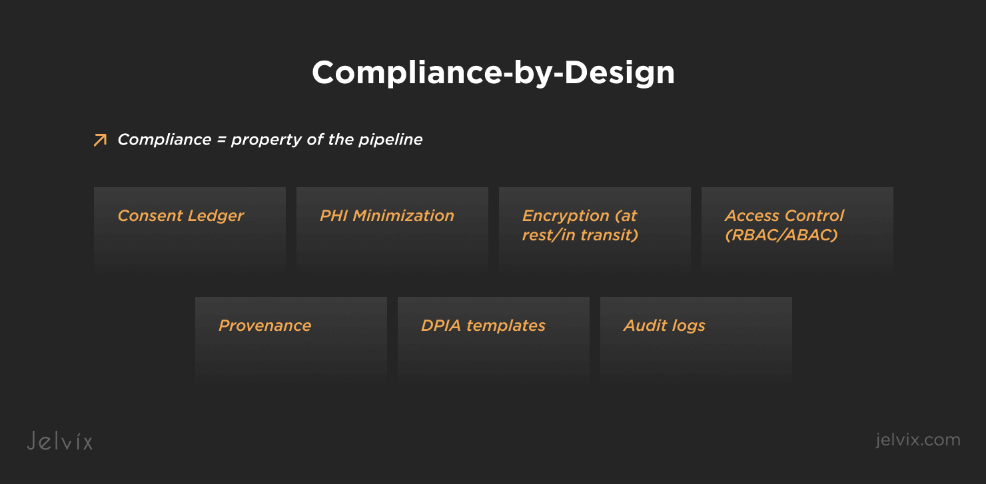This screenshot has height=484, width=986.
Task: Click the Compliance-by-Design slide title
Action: [x=493, y=73]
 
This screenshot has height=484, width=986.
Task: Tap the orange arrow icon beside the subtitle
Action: [x=101, y=140]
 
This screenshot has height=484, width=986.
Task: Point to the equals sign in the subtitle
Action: [x=221, y=140]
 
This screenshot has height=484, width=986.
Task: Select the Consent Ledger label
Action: [x=181, y=216]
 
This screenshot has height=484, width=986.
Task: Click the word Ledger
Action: [x=215, y=216]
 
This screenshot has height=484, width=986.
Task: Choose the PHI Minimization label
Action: [x=387, y=216]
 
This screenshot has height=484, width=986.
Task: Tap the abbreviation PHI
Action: [x=334, y=216]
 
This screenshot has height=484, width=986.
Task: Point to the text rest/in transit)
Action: [x=580, y=235]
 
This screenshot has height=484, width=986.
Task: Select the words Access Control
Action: [x=784, y=216]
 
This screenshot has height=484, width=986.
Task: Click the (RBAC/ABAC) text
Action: [x=781, y=235]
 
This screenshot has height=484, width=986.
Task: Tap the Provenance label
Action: [x=264, y=326]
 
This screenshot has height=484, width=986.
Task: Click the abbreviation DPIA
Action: [x=440, y=326]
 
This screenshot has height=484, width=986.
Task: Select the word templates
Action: [x=506, y=326]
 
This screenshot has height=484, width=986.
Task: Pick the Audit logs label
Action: [x=664, y=326]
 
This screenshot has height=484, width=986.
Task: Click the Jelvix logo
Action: [x=60, y=441]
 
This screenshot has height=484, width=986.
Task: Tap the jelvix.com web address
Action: [x=918, y=439]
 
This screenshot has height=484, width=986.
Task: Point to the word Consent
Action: [x=150, y=216]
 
